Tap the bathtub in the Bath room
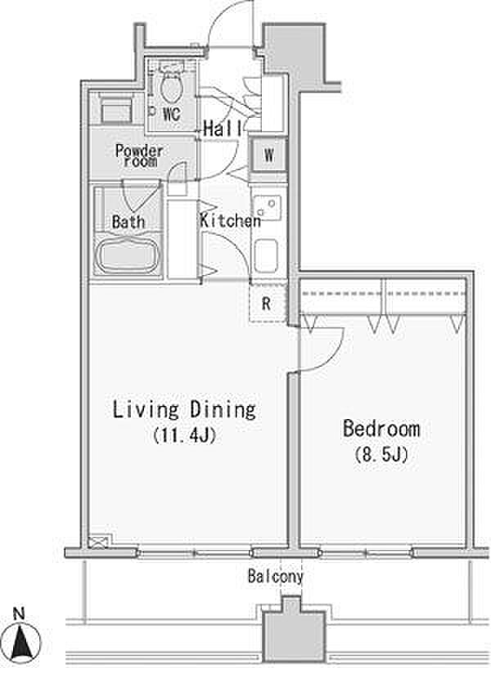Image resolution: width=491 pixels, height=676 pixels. [128, 255]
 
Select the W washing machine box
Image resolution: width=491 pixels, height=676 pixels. [268, 155]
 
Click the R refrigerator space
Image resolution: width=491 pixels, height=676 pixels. [268, 303]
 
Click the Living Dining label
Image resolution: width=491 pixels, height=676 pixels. [184, 409]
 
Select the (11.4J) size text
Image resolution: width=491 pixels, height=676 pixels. [184, 435]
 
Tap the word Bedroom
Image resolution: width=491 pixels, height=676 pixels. [381, 428]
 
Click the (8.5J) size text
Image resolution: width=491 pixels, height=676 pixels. [381, 454]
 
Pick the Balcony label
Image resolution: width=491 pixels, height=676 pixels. [276, 576]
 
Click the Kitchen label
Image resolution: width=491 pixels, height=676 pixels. [230, 220]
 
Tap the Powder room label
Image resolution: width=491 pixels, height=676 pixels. [139, 155]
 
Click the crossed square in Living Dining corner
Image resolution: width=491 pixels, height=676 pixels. [100, 541]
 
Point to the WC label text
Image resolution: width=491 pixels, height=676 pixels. [171, 115]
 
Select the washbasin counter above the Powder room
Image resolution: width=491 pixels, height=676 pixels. [116, 110]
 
